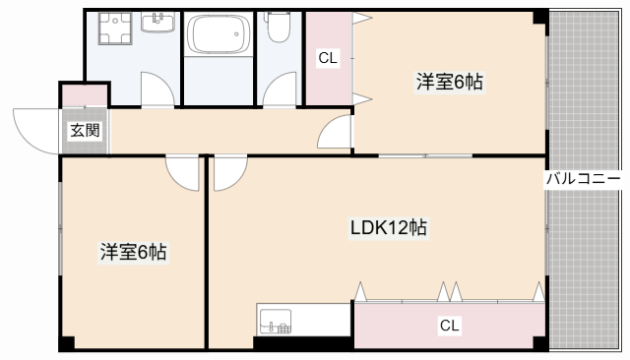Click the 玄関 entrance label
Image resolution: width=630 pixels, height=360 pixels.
[84, 129]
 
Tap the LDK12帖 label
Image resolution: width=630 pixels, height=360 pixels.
[389, 228]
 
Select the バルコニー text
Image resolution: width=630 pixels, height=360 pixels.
[584, 179]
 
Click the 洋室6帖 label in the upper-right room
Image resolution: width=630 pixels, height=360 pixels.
[449, 83]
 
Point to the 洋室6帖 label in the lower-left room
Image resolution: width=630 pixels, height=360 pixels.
[133, 253]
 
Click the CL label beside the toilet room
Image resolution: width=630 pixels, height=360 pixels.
[328, 58]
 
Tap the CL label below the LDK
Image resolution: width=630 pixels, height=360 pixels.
[449, 325]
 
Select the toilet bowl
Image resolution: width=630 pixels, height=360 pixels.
[279, 30]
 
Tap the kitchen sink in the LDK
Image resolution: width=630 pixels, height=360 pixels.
[276, 321]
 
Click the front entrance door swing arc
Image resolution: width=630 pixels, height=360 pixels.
[37, 130]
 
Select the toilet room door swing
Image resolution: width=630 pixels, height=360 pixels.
[279, 89]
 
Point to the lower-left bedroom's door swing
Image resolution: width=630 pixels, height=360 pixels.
[182, 173]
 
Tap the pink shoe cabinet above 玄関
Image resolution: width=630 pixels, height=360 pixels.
[85, 96]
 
